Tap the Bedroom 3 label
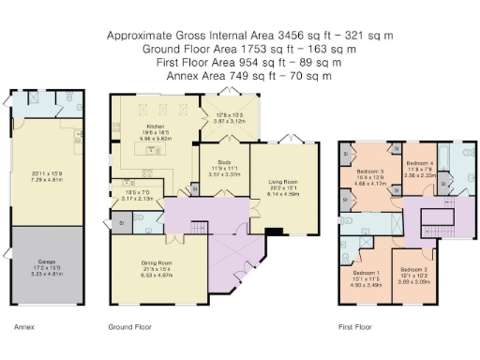point(371,172)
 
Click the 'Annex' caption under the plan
point(24,328)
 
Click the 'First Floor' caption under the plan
point(355,328)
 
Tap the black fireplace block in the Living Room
point(273,232)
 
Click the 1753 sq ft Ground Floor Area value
point(264,49)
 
